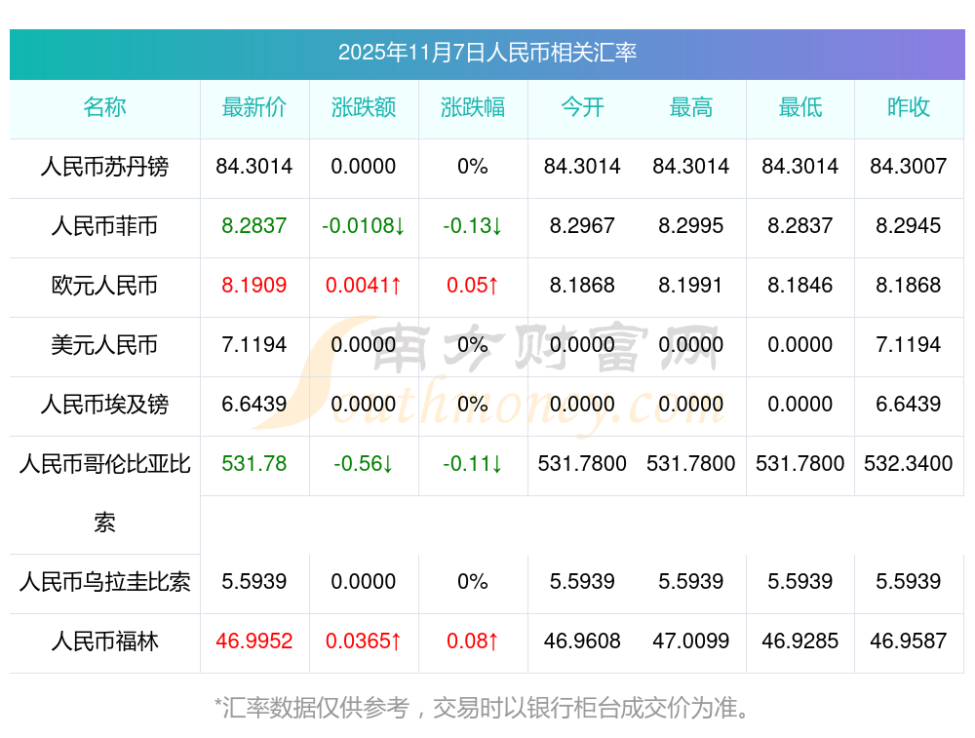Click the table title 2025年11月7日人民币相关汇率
point(487,53)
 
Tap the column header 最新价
point(254,107)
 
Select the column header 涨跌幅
point(473,107)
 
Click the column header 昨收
point(909,107)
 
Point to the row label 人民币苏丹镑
point(105,167)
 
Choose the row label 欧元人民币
point(105,286)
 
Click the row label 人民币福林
point(105,642)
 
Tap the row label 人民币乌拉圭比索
point(105,583)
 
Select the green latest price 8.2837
point(254,226)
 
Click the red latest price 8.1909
point(254,286)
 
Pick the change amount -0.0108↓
point(364,226)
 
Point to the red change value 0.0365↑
point(364,642)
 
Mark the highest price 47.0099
point(691,642)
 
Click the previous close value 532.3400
point(909,464)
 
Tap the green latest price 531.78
point(254,464)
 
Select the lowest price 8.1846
point(800,286)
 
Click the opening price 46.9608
point(582,642)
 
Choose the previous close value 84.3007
point(909,167)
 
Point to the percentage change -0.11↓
point(473,464)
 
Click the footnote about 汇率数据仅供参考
point(483,707)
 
